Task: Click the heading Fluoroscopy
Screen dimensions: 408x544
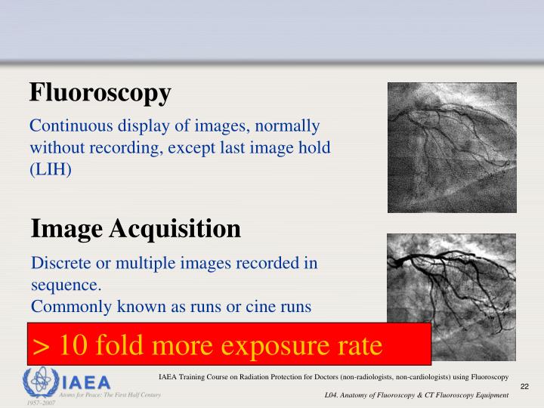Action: click(100, 94)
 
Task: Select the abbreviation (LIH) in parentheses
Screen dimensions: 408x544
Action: click(51, 169)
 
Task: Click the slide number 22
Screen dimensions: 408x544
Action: click(525, 387)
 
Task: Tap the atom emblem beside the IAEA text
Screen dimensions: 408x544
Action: click(39, 380)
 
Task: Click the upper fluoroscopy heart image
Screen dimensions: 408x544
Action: click(451, 147)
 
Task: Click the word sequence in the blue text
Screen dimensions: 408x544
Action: click(65, 286)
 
